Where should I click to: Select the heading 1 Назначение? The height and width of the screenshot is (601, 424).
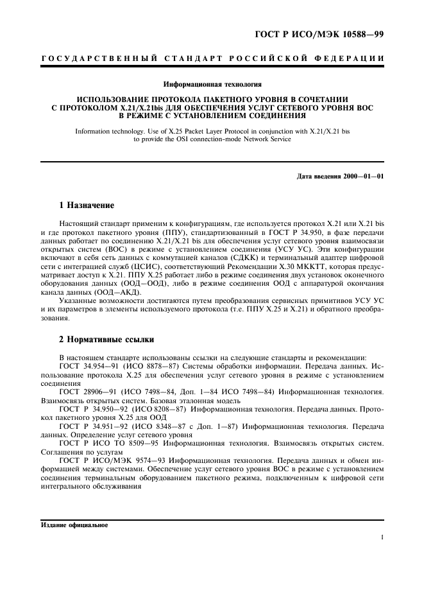point(87,206)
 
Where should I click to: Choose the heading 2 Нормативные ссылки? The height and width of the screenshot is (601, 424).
point(106,339)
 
